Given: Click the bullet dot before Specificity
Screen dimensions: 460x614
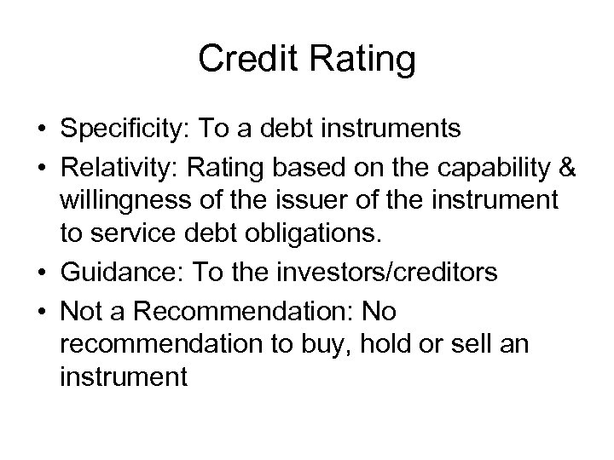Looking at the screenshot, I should [43, 129].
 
